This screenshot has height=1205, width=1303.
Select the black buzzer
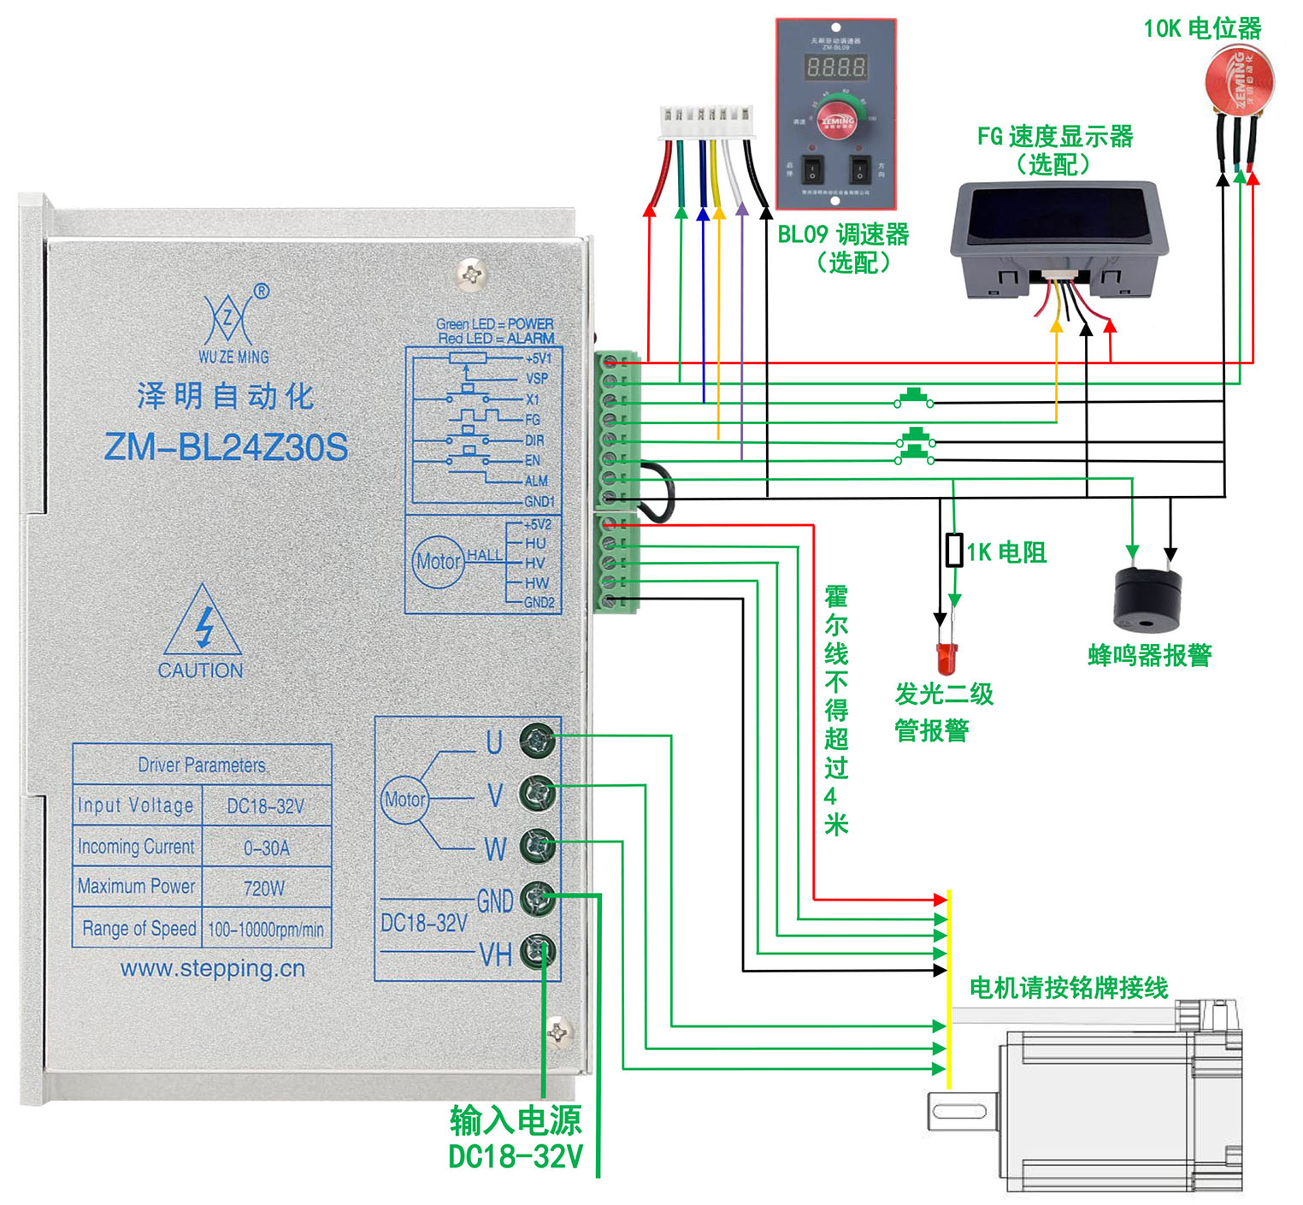[1147, 598]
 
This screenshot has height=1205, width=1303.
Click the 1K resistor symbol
[955, 550]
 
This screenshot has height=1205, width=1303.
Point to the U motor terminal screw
[539, 739]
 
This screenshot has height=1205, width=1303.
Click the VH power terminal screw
[539, 950]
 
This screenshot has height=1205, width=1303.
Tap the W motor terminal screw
[539, 845]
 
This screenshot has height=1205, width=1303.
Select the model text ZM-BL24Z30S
[226, 447]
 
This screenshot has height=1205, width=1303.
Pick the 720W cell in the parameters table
[264, 888]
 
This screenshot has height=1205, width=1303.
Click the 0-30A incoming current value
[266, 848]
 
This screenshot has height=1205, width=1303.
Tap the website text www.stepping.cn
[213, 969]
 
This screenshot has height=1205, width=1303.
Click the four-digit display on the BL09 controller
[836, 67]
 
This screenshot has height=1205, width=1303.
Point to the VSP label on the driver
[536, 378]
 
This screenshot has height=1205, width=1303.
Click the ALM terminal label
[536, 481]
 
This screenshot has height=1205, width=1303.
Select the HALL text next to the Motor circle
[484, 555]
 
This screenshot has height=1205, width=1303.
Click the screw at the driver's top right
[472, 274]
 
